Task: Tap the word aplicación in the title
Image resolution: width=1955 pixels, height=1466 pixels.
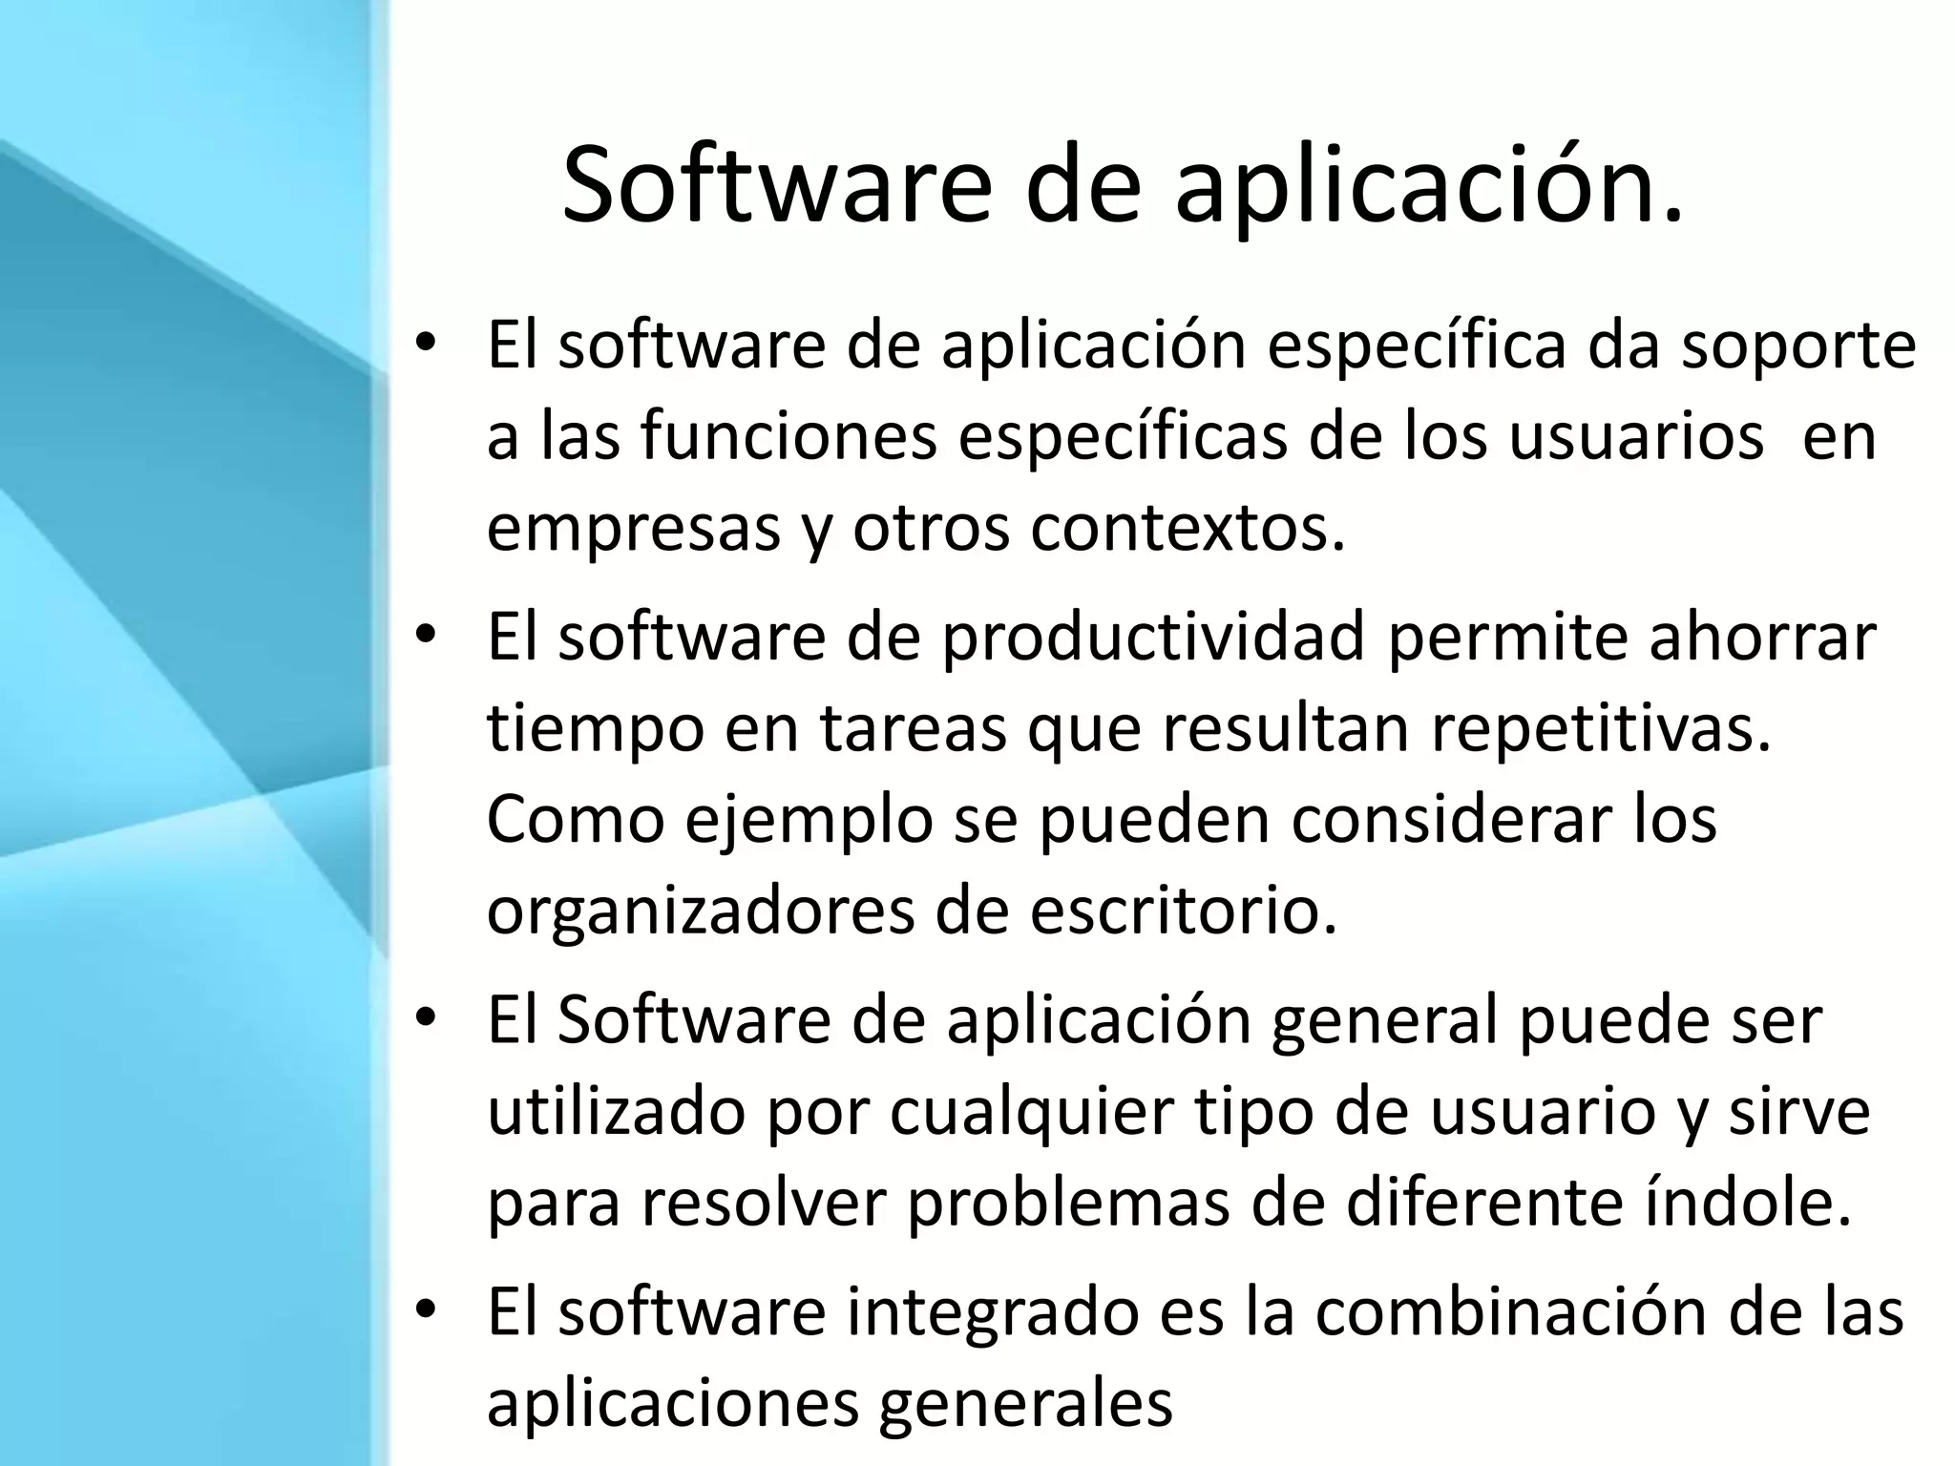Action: click(1429, 186)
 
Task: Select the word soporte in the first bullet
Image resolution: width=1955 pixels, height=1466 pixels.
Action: click(1797, 345)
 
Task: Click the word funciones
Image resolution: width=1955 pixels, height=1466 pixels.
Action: click(788, 436)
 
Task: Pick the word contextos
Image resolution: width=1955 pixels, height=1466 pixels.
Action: click(1187, 527)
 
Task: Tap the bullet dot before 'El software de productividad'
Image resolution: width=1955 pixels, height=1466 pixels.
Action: click(426, 633)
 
